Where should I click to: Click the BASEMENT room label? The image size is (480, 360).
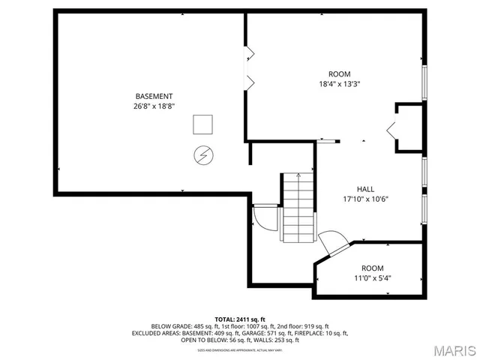point(154,96)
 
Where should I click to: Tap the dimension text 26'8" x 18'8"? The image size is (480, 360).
point(154,106)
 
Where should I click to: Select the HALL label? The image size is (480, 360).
point(365,189)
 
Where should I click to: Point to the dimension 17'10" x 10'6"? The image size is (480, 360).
point(365,199)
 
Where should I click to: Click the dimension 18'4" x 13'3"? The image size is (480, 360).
point(339,84)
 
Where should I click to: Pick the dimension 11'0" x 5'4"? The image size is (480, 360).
point(372,278)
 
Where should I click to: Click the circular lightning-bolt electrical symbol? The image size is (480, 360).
point(202,154)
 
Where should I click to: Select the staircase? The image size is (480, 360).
point(298,208)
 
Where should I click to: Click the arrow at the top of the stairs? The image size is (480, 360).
point(298,176)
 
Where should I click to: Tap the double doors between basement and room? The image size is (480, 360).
point(250,67)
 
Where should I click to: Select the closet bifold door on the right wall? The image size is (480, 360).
point(392,129)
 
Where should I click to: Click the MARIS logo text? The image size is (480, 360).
point(454,349)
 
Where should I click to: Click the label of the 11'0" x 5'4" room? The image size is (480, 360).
point(372,268)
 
